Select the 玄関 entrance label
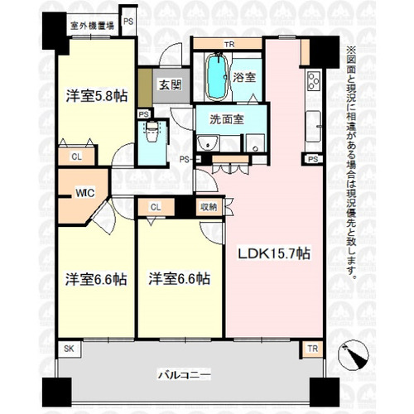[170, 84]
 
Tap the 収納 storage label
[206, 207]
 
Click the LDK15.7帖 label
[273, 253]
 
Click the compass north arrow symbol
[359, 356]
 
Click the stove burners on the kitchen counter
[314, 81]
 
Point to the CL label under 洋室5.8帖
[76, 156]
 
